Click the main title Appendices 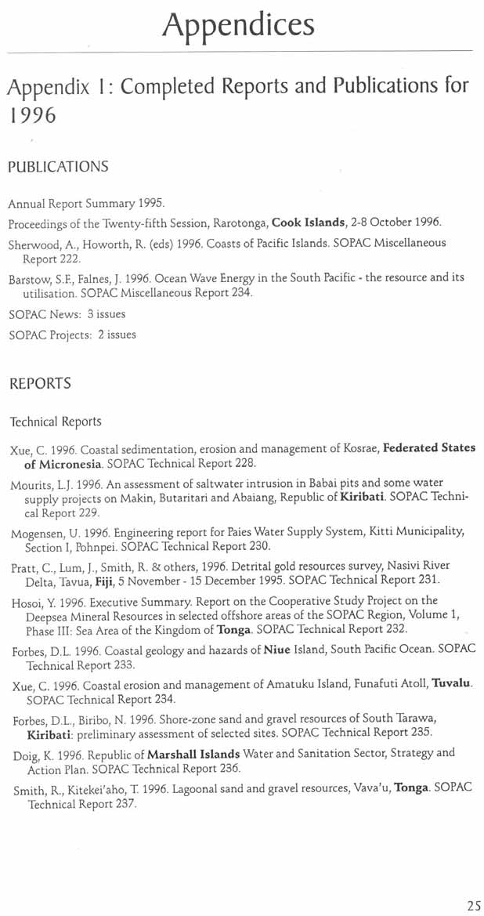pyautogui.click(x=238, y=25)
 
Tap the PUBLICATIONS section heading pyautogui.click(x=58, y=166)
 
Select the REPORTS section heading pyautogui.click(x=40, y=384)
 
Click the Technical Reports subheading pyautogui.click(x=55, y=422)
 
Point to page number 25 pyautogui.click(x=474, y=906)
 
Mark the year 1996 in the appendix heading pyautogui.click(x=31, y=116)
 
